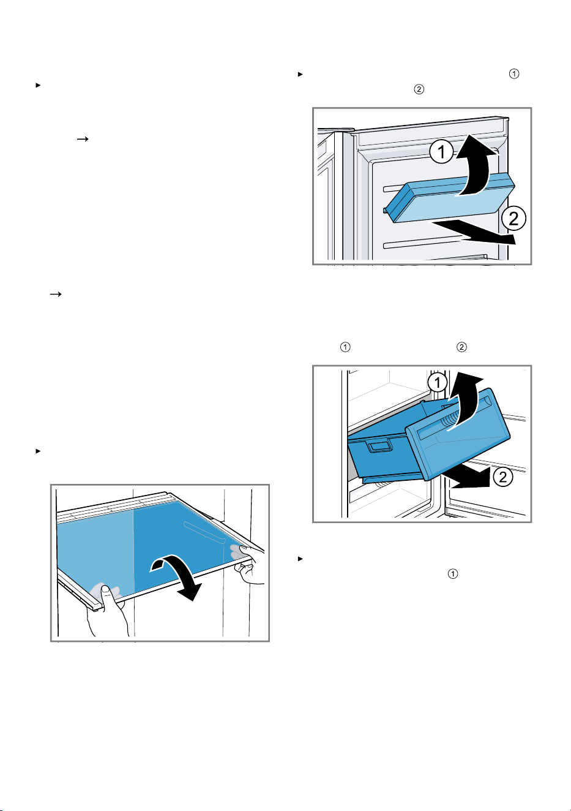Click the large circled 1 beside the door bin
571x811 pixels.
[x=441, y=152]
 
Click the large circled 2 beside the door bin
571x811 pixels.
[x=513, y=218]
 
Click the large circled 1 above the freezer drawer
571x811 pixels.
[x=438, y=383]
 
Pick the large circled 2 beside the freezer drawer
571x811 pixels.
[x=502, y=477]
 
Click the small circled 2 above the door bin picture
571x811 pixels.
[x=419, y=89]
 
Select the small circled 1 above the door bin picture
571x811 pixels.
[x=514, y=74]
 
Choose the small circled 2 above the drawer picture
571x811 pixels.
[x=461, y=347]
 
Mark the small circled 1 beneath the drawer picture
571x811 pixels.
[x=453, y=574]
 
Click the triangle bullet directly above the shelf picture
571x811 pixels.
[x=37, y=451]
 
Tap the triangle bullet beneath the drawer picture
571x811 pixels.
[x=300, y=559]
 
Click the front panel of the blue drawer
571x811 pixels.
[x=458, y=434]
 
